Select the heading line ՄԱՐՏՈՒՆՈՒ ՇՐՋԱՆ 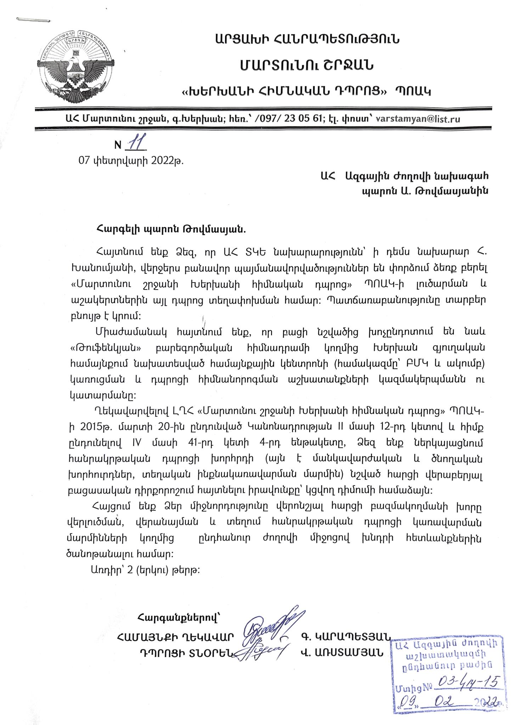pyautogui.click(x=307, y=65)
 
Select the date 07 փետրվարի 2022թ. pyautogui.click(x=131, y=161)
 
